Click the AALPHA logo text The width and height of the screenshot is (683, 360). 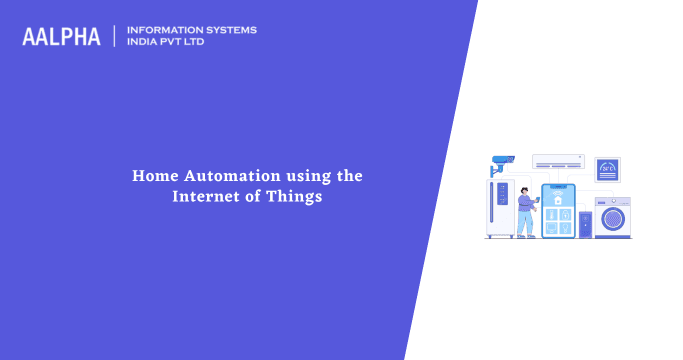click(x=62, y=37)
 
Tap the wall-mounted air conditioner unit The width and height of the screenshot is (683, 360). click(x=557, y=161)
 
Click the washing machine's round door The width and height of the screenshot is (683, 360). click(x=612, y=217)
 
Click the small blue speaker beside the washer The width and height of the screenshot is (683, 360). click(x=586, y=221)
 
